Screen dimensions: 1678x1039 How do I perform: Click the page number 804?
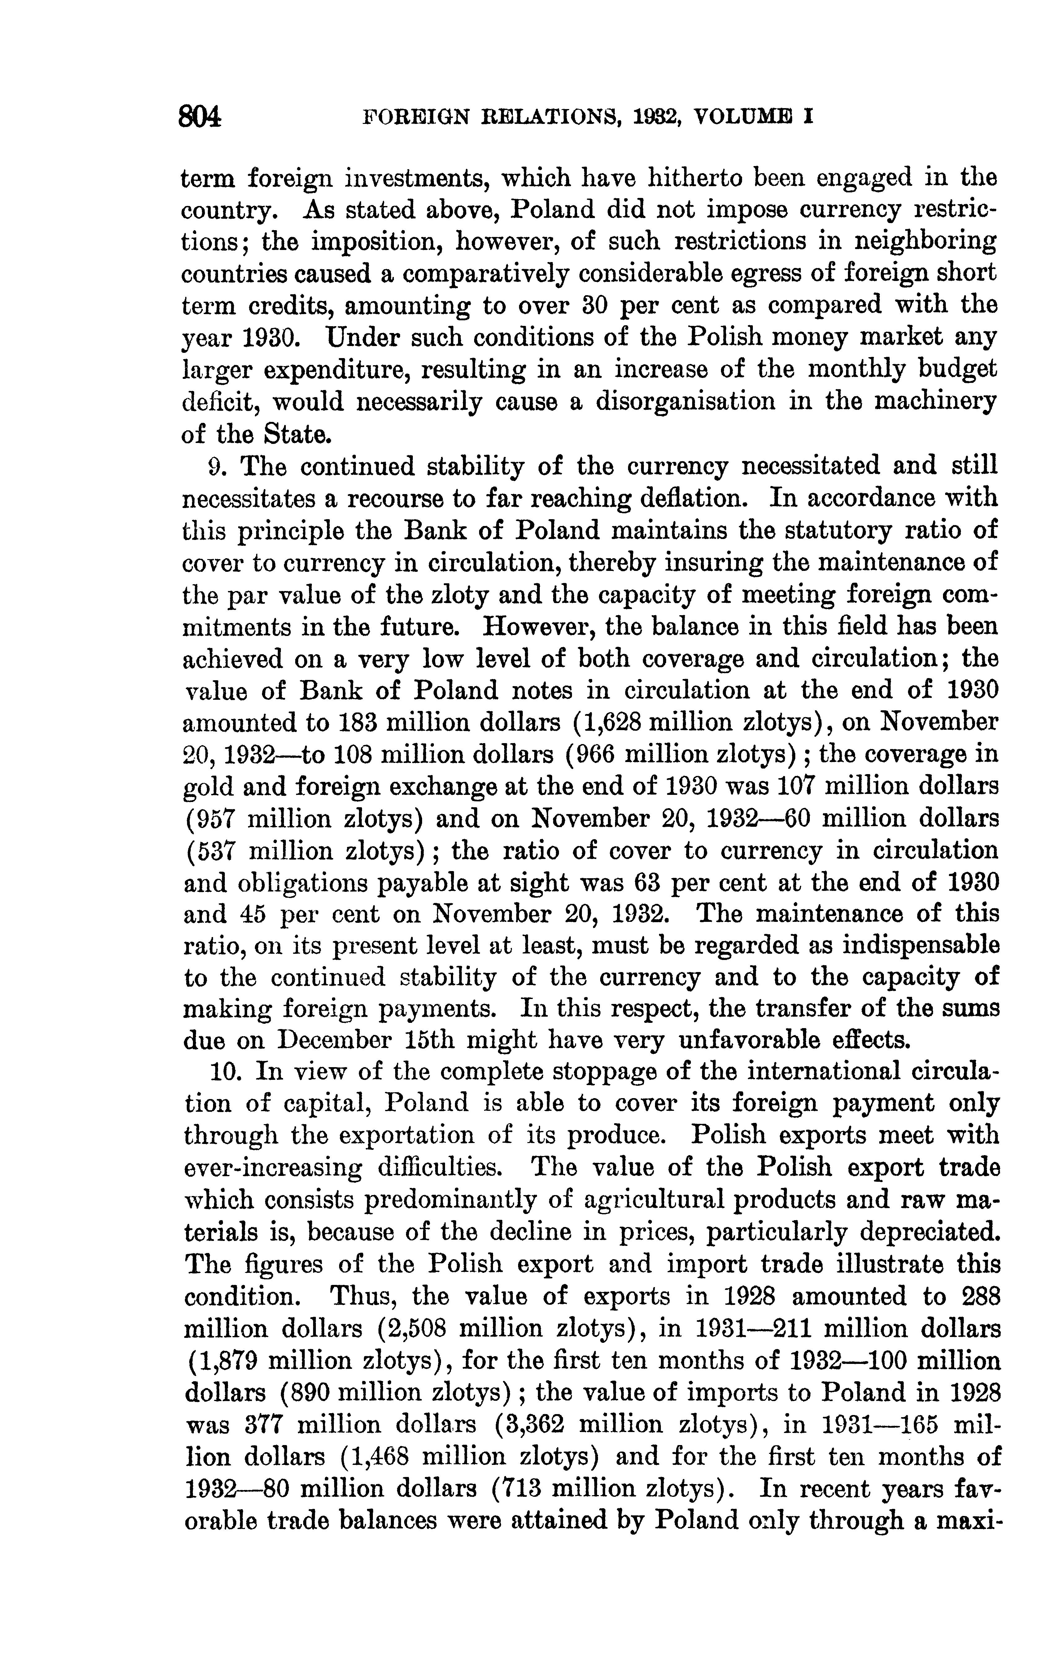pyautogui.click(x=200, y=117)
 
